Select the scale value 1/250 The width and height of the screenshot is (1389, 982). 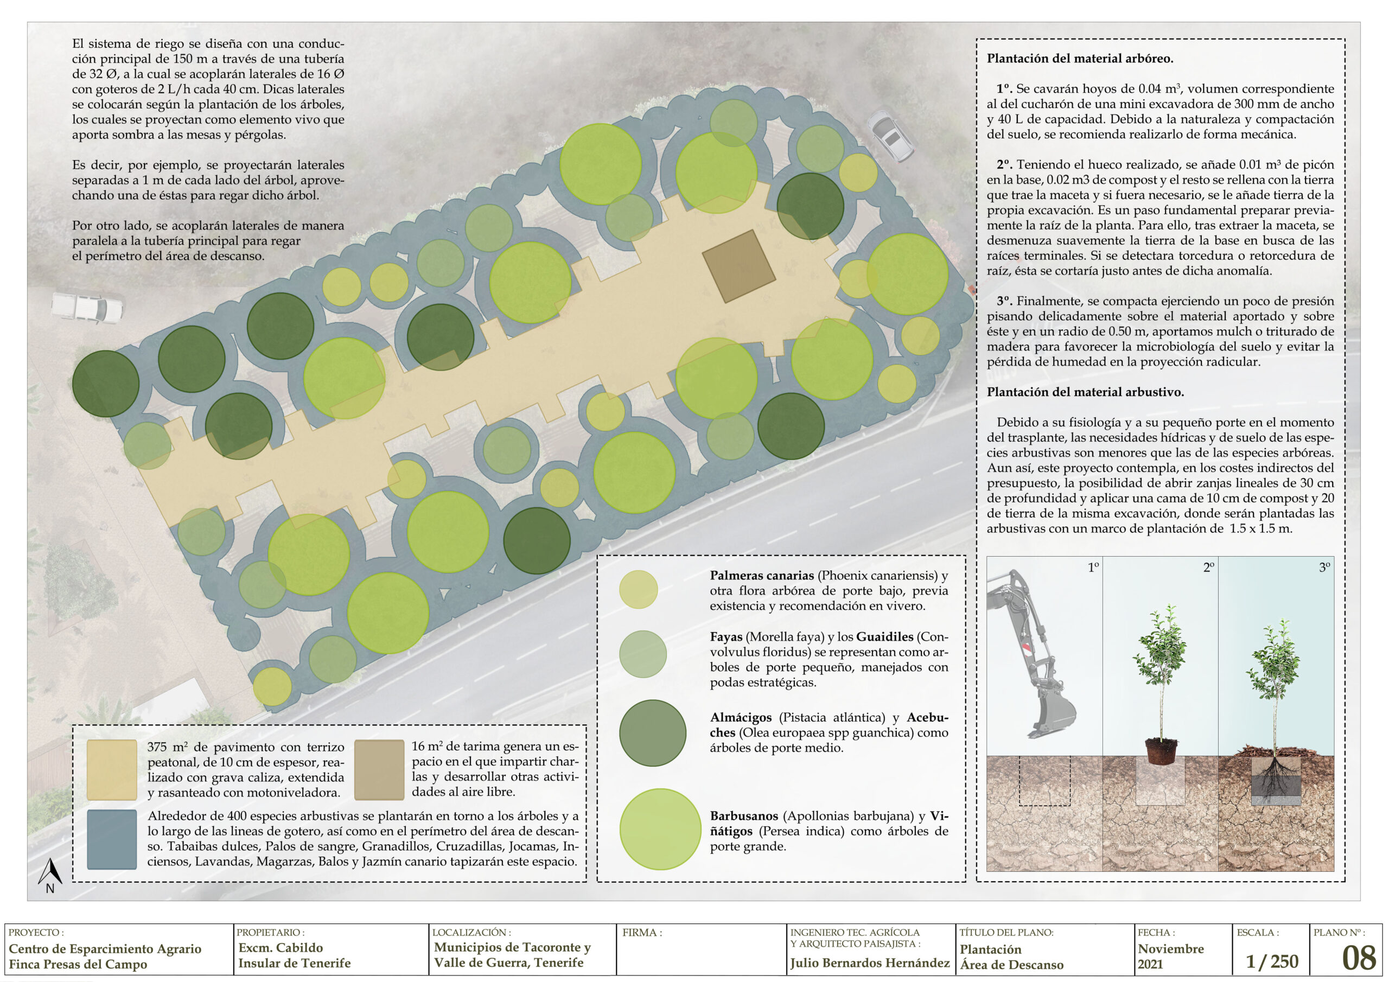click(1271, 961)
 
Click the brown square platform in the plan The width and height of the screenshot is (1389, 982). click(738, 266)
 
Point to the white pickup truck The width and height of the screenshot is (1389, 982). click(87, 307)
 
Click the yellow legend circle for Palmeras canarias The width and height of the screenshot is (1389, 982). click(638, 589)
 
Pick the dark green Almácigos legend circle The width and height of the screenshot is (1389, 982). click(653, 733)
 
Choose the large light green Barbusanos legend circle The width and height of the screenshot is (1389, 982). click(661, 829)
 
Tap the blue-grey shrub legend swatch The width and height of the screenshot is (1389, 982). click(112, 839)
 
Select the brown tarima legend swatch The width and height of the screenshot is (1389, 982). click(379, 770)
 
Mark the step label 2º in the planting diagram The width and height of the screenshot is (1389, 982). click(1208, 567)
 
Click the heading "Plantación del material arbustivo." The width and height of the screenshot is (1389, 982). click(1085, 392)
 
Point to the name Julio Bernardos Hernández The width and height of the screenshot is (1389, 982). click(870, 962)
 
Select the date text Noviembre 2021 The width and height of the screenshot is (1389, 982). click(1170, 957)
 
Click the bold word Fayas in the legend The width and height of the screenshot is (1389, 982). click(726, 636)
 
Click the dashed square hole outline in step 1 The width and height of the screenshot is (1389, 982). click(1045, 781)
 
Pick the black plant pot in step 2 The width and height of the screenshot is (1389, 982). click(1161, 751)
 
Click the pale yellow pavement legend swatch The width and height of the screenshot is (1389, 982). click(112, 770)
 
